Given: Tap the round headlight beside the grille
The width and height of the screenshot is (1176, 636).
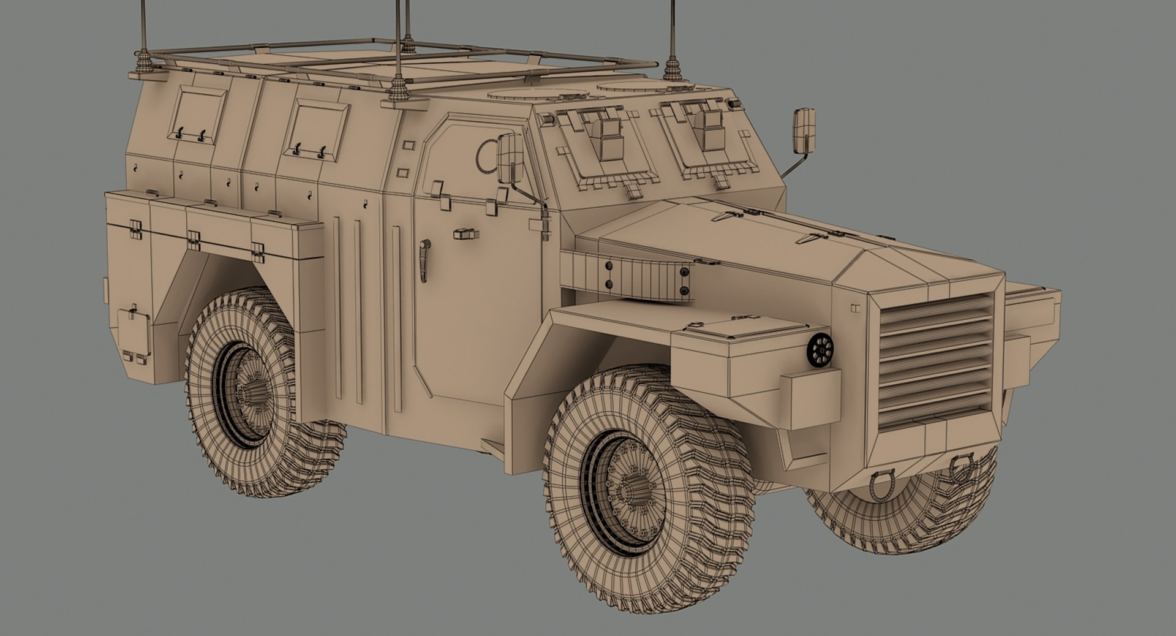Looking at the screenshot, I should tap(820, 350).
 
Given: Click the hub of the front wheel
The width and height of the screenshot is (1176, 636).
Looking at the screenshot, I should tap(631, 491).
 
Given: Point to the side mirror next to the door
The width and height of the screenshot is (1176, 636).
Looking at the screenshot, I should tap(510, 159).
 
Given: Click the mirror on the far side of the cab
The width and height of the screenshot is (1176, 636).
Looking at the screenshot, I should tap(804, 131).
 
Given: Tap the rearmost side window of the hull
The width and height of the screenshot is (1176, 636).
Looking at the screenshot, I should tap(197, 115).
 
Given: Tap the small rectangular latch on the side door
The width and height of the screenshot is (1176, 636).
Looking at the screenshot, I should tap(466, 233).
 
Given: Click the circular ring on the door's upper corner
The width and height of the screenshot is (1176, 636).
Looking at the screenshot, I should tap(486, 156).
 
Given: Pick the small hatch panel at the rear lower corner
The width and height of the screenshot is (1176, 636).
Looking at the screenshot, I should tap(134, 331).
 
